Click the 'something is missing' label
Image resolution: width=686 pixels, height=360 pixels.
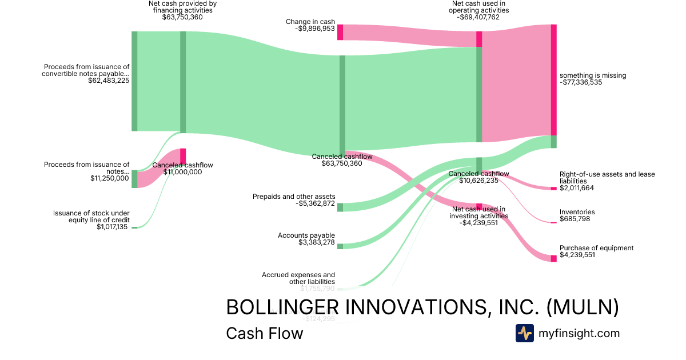click(593, 75)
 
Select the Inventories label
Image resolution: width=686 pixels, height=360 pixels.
click(577, 212)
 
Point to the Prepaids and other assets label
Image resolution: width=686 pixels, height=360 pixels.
click(294, 197)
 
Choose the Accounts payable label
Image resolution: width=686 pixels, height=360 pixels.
click(306, 235)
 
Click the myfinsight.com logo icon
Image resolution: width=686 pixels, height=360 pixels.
click(524, 333)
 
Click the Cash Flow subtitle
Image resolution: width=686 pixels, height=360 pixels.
click(265, 333)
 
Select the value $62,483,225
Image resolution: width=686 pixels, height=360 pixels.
click(109, 81)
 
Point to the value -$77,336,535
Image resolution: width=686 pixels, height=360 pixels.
click(589, 82)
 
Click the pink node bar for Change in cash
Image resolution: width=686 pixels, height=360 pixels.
click(340, 32)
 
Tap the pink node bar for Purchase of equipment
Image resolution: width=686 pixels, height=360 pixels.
click(553, 258)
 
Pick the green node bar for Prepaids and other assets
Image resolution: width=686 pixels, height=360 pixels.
click(340, 207)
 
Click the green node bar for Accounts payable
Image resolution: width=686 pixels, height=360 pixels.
click(340, 246)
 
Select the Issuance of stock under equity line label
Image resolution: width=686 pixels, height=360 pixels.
click(91, 217)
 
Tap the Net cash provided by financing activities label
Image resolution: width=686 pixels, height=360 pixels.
click(182, 6)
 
